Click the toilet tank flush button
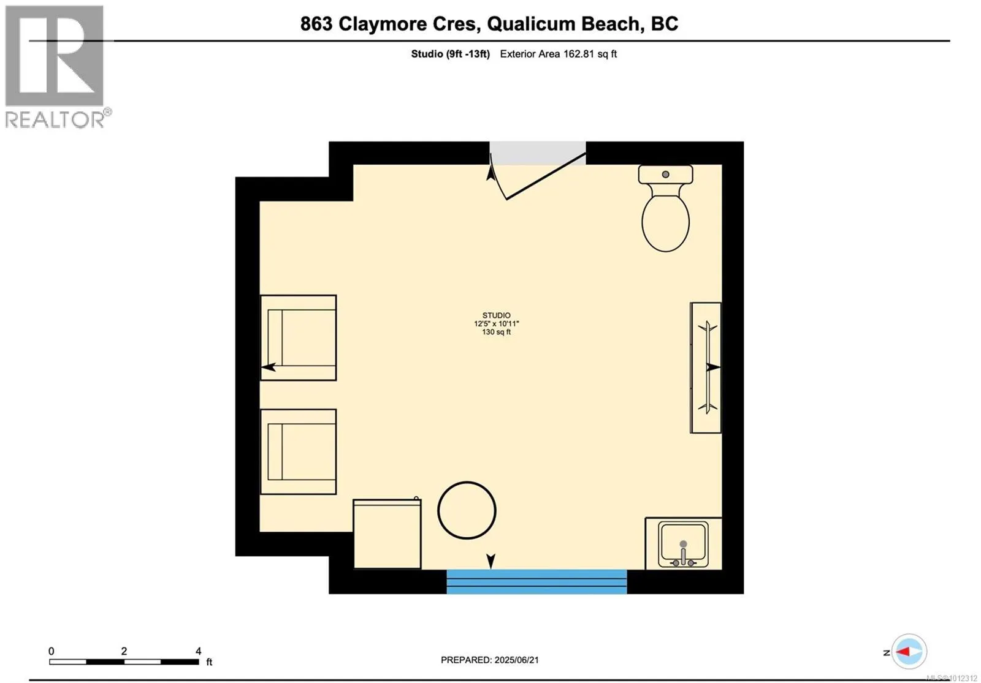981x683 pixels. click(666, 174)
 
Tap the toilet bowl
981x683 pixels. click(666, 223)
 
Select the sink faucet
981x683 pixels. click(683, 555)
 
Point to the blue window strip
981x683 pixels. click(536, 581)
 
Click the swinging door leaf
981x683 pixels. click(546, 176)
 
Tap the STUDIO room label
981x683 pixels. click(496, 315)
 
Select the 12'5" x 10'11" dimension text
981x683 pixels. click(496, 324)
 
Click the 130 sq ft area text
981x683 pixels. click(496, 332)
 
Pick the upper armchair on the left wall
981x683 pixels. click(298, 338)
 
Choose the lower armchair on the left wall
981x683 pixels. click(298, 451)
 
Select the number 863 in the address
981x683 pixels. click(316, 24)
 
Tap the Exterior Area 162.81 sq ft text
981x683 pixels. click(559, 54)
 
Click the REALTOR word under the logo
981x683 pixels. click(55, 119)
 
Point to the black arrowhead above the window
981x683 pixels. click(491, 561)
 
